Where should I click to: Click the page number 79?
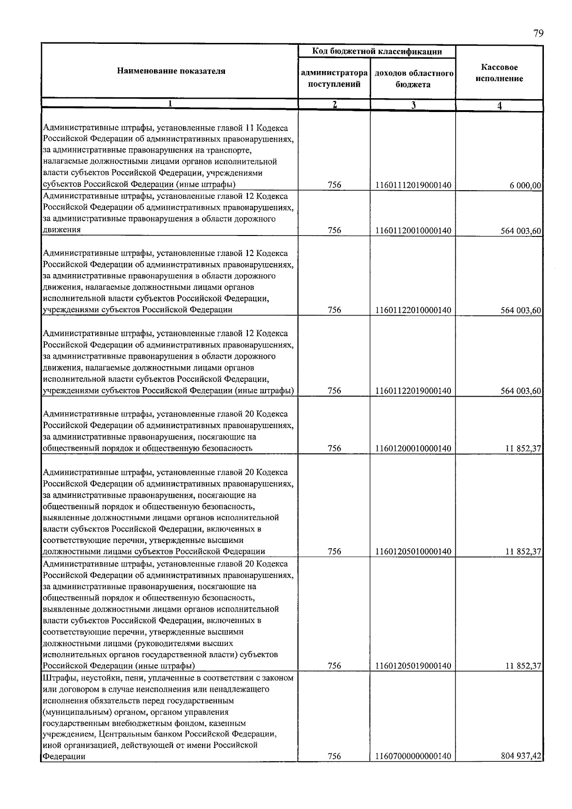538,33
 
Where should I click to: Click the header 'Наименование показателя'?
171,72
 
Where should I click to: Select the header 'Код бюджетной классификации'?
377,51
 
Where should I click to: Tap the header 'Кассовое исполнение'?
499,73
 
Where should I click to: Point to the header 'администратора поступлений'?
334,79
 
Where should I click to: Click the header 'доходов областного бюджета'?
413,79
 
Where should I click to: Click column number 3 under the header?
413,105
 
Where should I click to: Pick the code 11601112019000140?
413,185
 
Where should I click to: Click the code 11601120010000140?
413,231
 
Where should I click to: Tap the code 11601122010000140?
413,310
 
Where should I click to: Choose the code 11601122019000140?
413,391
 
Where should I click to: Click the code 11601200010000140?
413,448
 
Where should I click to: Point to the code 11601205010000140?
413,552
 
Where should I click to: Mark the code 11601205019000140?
413,666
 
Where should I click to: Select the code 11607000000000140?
413,756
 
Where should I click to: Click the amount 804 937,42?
521,756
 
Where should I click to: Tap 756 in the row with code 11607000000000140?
335,756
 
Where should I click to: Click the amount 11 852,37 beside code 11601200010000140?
523,448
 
